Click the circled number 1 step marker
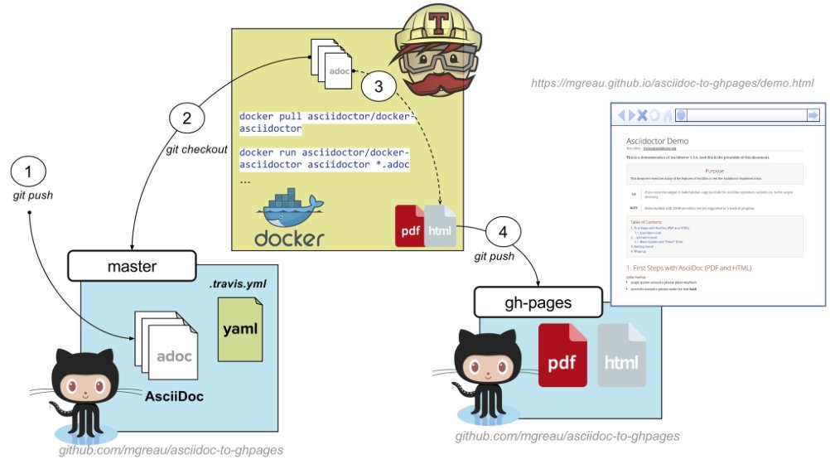coord(30,172)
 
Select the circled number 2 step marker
coord(187,118)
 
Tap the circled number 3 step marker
coord(379,85)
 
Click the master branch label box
coord(132,268)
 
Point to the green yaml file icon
coord(239,328)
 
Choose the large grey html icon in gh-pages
coord(621,356)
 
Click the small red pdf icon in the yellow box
coord(410,225)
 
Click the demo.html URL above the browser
coord(672,84)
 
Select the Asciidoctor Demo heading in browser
coord(657,141)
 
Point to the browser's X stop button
coord(641,115)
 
